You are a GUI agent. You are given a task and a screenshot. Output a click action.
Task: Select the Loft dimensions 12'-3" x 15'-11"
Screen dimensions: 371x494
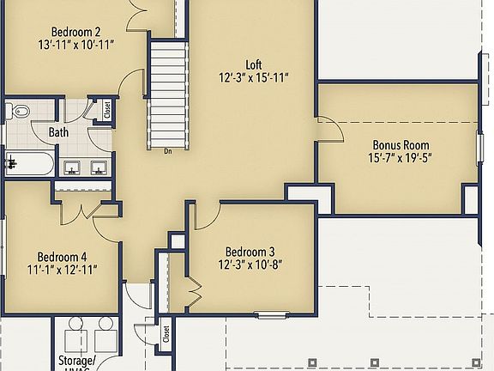tap(253, 77)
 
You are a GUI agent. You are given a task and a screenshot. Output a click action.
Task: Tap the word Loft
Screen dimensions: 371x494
tap(253, 64)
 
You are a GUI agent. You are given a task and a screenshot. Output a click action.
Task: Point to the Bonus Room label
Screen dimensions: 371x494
tap(401, 145)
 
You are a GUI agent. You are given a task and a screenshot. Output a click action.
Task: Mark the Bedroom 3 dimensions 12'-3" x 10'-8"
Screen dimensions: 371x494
tap(250, 265)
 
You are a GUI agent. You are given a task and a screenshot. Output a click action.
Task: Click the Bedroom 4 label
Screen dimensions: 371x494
tap(62, 256)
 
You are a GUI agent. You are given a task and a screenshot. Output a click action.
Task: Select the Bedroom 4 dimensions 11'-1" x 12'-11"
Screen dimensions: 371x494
tap(62, 270)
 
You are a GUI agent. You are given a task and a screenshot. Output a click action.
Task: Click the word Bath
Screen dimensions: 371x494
tap(58, 132)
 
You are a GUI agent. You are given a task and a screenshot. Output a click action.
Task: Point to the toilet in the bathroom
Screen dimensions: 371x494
tap(19, 112)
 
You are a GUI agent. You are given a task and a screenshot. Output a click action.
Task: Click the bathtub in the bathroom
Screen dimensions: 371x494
tap(27, 163)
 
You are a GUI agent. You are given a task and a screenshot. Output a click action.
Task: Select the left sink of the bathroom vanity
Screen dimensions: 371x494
tap(73, 167)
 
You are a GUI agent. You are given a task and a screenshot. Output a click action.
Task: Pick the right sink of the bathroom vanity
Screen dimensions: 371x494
tap(99, 167)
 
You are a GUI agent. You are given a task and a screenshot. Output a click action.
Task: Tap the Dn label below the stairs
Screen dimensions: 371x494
tap(168, 151)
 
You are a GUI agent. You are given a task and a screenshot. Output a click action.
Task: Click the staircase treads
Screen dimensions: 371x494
tap(168, 94)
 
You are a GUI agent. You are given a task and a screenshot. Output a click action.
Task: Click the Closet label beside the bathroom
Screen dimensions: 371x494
tap(107, 110)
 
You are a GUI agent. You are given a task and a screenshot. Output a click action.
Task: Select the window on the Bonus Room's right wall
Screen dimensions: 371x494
tap(479, 146)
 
